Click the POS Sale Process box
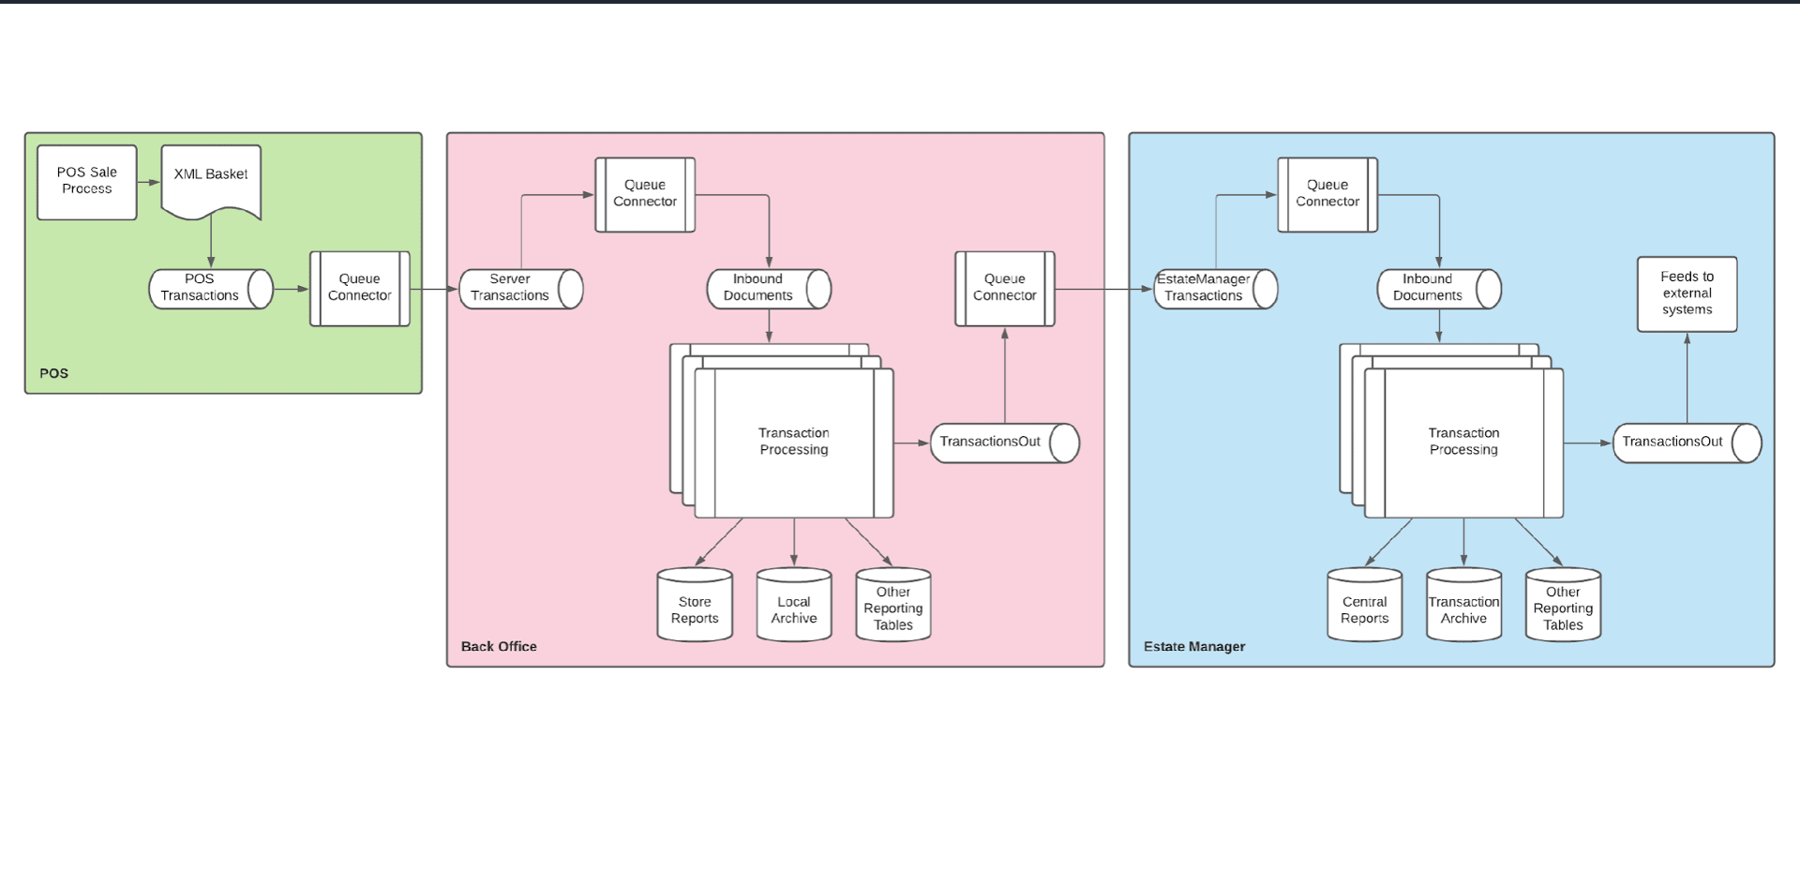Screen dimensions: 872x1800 coord(87,182)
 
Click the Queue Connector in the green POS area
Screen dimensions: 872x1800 coord(360,289)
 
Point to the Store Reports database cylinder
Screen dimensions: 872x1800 coord(695,607)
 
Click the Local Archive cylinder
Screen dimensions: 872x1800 coord(794,607)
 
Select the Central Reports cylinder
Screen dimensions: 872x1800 coord(1364,607)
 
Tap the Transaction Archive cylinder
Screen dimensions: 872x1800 coord(1463,607)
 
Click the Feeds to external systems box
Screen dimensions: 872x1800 coord(1687,293)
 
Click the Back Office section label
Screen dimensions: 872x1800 coord(499,647)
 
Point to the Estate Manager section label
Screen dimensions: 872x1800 coord(1194,647)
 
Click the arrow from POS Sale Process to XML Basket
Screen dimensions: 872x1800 coord(149,183)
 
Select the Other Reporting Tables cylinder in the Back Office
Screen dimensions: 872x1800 coord(893,607)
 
